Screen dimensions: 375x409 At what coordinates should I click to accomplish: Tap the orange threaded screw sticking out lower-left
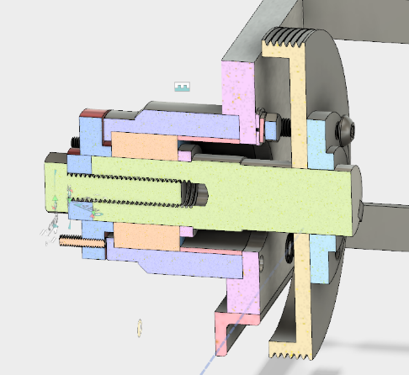coord(81,242)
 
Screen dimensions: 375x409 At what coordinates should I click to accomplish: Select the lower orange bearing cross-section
coord(143,236)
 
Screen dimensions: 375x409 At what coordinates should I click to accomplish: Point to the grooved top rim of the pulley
coord(292,38)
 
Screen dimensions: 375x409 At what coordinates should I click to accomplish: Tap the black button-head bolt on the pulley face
coord(345,129)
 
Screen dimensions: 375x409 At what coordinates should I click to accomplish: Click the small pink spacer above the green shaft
coord(186,155)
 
